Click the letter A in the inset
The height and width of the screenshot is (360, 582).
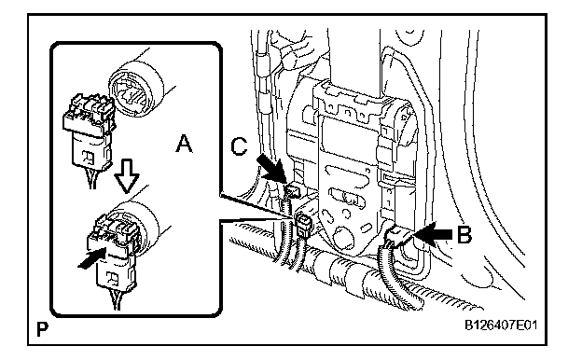184,144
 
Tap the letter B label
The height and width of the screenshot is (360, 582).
464,234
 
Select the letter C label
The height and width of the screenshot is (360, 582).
239,145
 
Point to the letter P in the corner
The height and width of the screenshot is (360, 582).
42,329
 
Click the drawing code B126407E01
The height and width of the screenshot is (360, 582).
501,325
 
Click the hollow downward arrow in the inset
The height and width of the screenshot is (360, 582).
127,176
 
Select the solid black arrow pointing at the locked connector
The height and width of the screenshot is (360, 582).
92,258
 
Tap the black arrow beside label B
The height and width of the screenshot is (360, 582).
433,234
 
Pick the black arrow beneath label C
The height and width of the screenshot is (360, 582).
271,168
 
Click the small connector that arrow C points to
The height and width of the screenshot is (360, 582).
293,191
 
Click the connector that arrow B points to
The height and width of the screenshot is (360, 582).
396,237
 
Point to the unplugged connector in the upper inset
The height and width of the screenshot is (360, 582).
90,131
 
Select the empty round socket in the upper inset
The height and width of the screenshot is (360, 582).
135,90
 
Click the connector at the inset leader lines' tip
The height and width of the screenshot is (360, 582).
304,225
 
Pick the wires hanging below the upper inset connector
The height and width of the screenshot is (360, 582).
92,178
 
